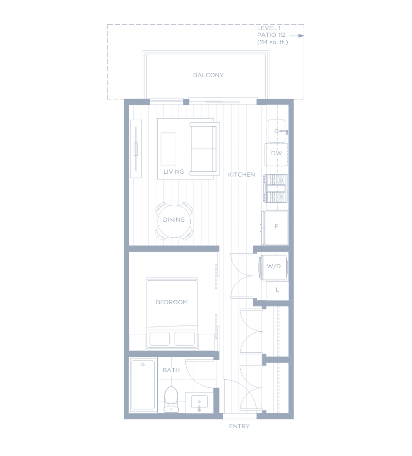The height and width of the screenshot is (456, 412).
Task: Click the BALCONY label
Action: click(208, 75)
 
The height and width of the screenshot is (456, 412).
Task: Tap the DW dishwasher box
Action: click(276, 154)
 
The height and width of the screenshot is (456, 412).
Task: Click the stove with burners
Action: click(276, 188)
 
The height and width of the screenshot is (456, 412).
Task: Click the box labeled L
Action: click(277, 291)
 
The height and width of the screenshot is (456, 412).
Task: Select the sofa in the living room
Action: click(205, 148)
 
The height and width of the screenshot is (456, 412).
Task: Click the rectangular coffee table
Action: click(168, 149)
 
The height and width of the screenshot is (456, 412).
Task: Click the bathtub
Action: click(143, 385)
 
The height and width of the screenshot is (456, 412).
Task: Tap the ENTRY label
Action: click(239, 426)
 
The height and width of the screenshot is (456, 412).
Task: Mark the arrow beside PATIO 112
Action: click(297, 36)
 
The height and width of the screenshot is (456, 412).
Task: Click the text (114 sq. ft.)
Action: click(272, 42)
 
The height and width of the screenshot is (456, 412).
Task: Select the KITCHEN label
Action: click(242, 175)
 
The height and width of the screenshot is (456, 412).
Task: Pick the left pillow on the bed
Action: click(160, 339)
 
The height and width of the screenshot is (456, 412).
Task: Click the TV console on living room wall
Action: click(136, 148)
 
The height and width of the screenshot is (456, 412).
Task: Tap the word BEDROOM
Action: click(172, 302)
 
